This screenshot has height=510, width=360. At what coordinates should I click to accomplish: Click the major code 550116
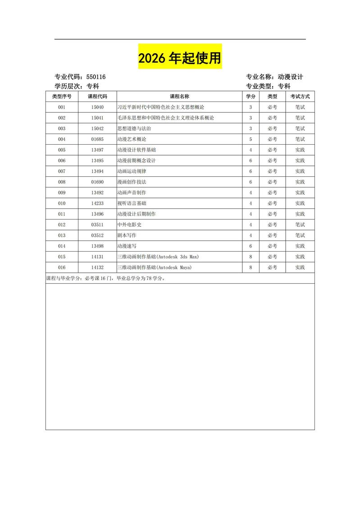click(96, 77)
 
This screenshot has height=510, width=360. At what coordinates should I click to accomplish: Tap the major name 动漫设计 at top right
click(290, 77)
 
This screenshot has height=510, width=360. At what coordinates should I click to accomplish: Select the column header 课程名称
click(179, 96)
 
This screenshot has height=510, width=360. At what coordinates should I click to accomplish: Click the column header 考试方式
click(300, 96)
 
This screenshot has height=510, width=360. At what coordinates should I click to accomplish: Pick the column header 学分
click(251, 96)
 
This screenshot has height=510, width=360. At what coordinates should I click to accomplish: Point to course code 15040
click(97, 107)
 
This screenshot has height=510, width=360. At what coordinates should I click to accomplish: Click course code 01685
click(97, 139)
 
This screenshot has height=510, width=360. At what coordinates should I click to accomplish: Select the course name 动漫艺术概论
click(132, 139)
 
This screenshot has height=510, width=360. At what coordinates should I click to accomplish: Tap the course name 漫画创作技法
click(132, 182)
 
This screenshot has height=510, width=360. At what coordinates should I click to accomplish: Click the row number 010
click(62, 203)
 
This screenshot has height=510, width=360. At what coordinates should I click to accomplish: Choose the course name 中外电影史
click(129, 225)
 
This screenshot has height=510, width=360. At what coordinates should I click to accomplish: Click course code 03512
click(97, 235)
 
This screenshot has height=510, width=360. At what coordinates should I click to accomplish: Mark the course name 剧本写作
click(127, 235)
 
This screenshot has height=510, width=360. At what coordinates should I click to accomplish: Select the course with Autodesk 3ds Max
click(158, 257)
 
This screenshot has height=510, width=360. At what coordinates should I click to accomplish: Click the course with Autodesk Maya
click(154, 267)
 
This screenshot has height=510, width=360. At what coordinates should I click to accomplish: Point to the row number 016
click(62, 267)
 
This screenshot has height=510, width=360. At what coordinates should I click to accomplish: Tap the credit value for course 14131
click(251, 257)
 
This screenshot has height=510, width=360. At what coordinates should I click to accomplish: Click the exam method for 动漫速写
click(300, 246)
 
